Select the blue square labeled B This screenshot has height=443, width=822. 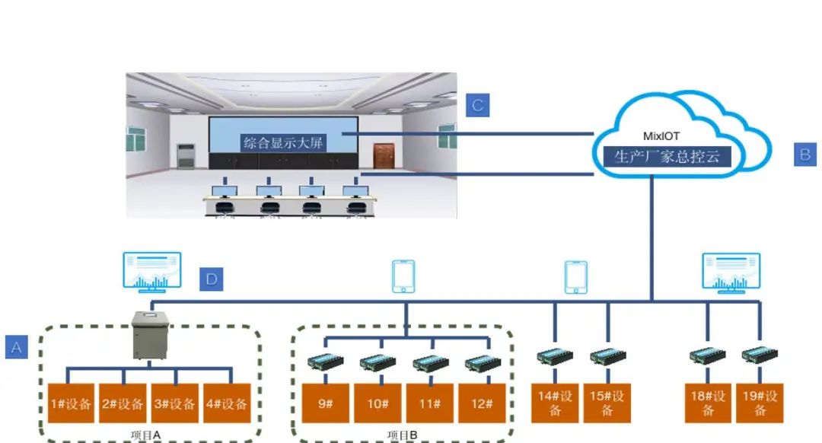point(804,155)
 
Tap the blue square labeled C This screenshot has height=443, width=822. point(477,105)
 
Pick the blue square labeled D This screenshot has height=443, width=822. point(211,279)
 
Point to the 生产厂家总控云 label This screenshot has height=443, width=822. point(661,157)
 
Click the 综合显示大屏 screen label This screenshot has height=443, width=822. point(284,142)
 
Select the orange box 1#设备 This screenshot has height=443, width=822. point(71,404)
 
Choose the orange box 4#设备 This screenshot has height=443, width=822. point(226,404)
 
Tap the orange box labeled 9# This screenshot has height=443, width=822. point(326,403)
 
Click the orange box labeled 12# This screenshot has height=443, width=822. point(481,403)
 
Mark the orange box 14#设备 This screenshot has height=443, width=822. point(555,403)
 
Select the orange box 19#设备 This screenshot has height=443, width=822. point(760,403)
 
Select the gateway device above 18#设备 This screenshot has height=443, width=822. point(708,355)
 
